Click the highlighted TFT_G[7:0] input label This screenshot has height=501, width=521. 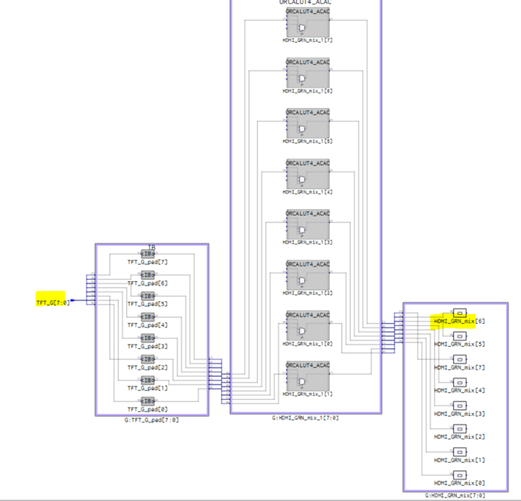click(x=53, y=302)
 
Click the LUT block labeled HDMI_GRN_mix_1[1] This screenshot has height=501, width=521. click(x=308, y=379)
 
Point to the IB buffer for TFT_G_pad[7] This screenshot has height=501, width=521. click(x=148, y=254)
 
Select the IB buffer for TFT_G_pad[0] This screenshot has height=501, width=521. click(x=148, y=401)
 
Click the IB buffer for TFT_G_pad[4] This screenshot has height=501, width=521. click(x=148, y=317)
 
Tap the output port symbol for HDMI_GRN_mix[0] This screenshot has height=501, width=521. click(x=460, y=475)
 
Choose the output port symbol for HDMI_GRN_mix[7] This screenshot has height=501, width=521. click(x=460, y=359)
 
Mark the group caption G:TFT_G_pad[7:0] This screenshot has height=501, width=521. click(x=151, y=420)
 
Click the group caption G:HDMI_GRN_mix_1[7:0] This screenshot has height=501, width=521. click(x=305, y=418)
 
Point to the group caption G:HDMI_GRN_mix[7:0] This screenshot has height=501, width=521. click(x=455, y=495)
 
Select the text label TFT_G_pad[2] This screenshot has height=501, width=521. click(x=148, y=367)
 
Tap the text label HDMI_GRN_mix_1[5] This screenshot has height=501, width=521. click(x=307, y=141)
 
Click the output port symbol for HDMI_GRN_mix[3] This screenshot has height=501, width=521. click(x=460, y=405)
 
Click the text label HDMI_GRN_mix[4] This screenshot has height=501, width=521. click(x=459, y=391)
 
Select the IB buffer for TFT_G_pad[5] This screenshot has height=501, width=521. click(x=148, y=296)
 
